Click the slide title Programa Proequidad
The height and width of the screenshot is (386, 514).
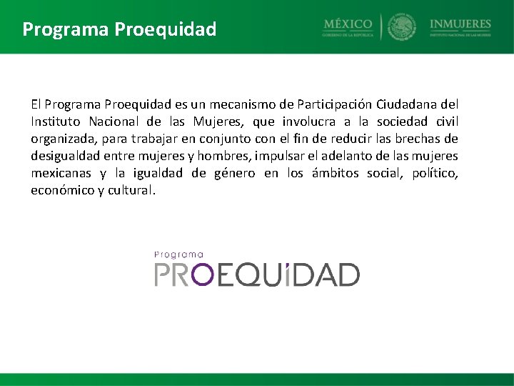click(119, 29)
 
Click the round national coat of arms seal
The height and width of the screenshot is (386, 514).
click(402, 27)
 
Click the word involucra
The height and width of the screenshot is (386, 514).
click(311, 122)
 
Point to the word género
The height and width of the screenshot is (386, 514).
click(236, 173)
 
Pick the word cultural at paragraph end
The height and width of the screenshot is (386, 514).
click(133, 190)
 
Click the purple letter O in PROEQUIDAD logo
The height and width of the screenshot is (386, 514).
click(205, 274)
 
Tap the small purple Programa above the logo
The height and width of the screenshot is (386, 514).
click(179, 254)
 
